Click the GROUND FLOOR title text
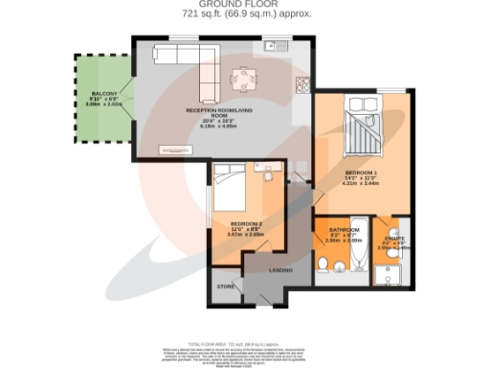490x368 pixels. pyautogui.click(x=243, y=6)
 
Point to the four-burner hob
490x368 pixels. pyautogui.click(x=301, y=84)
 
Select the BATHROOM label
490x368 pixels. pyautogui.click(x=343, y=230)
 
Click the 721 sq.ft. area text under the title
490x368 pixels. pyautogui.click(x=243, y=16)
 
